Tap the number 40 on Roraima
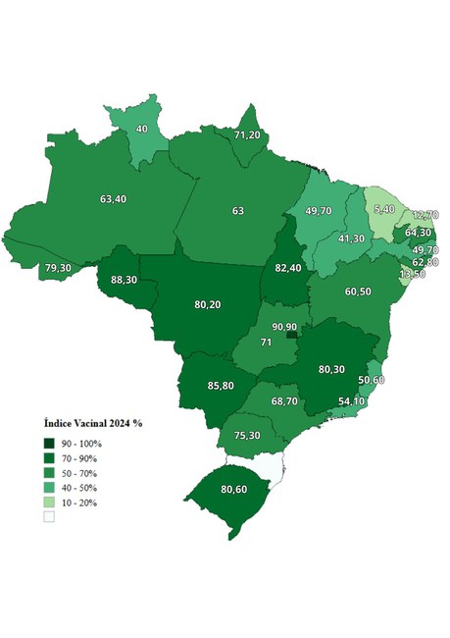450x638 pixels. coord(142,129)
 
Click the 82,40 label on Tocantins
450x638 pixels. coord(287,268)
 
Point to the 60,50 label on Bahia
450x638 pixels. coord(357,292)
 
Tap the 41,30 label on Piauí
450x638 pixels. coord(351,239)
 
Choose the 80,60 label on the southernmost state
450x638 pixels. coord(233,489)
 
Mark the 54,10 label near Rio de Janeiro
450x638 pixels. coord(351,401)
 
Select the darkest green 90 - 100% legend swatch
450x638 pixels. coord(49,444)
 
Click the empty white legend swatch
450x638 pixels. coord(49,517)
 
